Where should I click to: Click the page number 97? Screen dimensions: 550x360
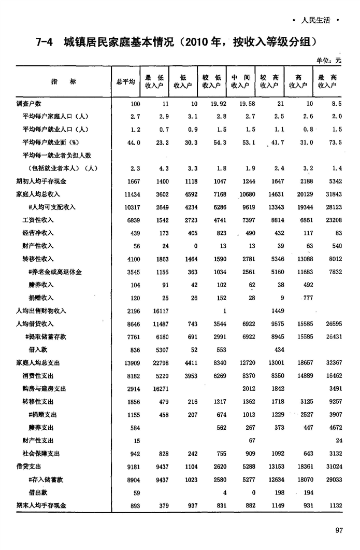pos(339,530)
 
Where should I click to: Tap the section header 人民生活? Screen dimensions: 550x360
pos(315,21)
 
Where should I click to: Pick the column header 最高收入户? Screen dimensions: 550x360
pos(327,81)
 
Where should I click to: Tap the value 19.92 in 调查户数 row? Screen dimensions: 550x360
pos(217,104)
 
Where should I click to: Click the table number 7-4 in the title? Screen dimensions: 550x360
pos(45,41)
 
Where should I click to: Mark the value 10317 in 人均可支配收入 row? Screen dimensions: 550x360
pos(131,207)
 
